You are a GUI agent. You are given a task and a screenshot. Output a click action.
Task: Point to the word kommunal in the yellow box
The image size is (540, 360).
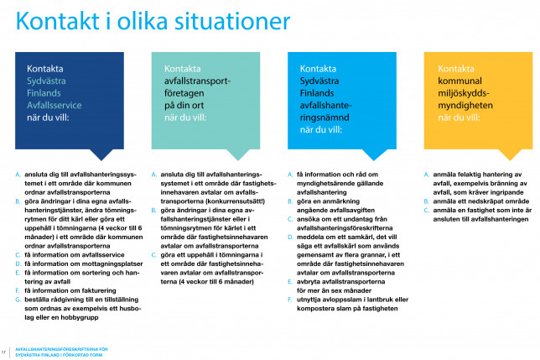[x=459, y=82]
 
